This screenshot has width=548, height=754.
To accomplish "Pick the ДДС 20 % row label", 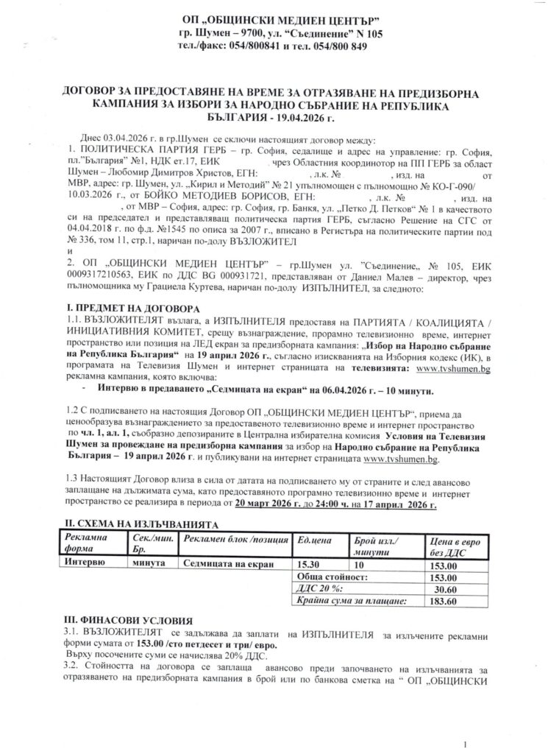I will pos(319,588).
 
